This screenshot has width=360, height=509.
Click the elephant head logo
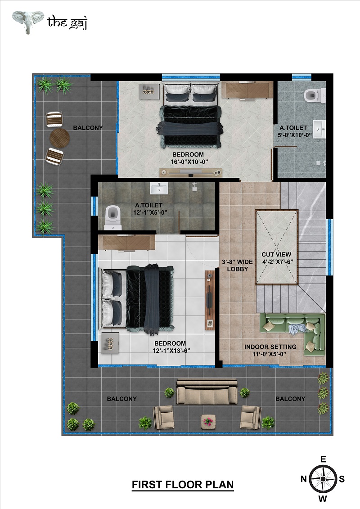coord(28,22)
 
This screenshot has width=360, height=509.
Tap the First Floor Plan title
coord(183,485)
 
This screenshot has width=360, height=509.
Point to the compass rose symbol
coord(323,479)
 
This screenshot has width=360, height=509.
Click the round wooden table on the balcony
coord(60,138)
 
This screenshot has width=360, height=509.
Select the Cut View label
coord(276,255)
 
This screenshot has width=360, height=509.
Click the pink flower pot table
coord(208,422)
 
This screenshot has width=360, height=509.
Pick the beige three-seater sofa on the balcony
coord(207,392)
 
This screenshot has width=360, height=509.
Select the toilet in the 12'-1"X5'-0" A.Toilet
coord(112,217)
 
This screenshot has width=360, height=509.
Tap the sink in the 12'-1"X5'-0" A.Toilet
coord(159,188)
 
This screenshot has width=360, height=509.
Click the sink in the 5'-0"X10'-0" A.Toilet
coord(319,129)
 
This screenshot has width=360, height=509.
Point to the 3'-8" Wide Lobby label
coord(237,266)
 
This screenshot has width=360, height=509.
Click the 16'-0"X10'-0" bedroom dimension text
coord(189,162)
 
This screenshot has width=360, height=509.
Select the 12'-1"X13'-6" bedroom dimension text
coord(171,351)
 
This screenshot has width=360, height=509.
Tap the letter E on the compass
coord(323,459)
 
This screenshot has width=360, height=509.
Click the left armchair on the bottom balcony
coord(164,418)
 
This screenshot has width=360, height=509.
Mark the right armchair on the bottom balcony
coord(250,418)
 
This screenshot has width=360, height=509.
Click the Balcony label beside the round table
coord(88,128)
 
